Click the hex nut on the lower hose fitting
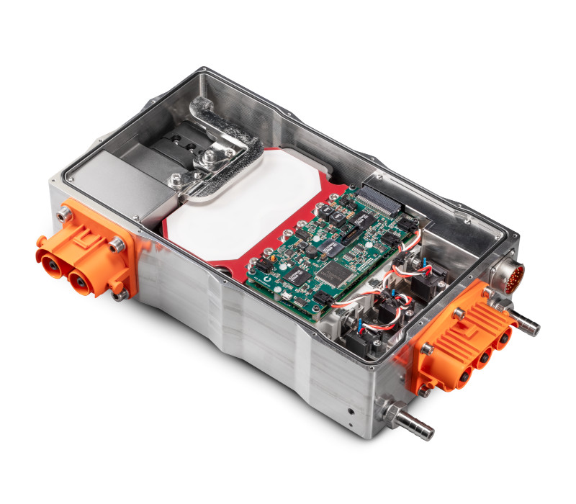click(x=395, y=415)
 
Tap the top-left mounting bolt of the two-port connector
click(x=66, y=213)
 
